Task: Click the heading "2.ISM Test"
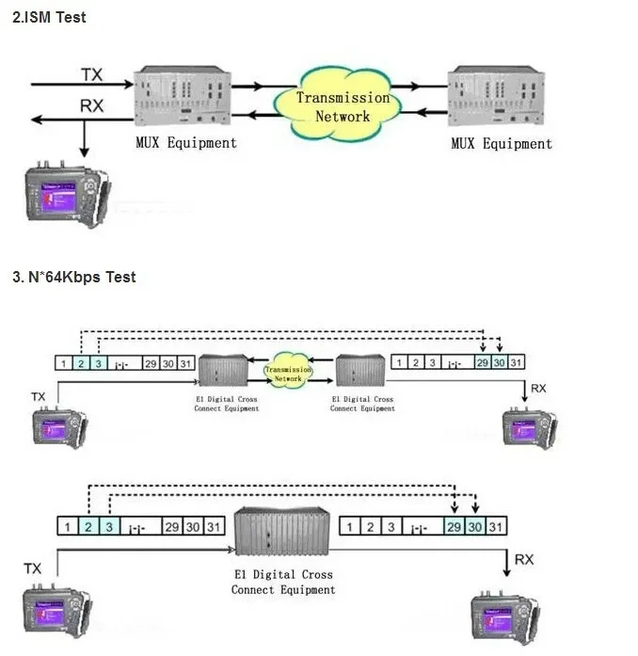[x=49, y=17]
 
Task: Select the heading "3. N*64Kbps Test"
[x=73, y=277]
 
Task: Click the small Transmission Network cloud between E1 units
[x=288, y=374]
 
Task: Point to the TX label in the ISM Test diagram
[x=92, y=73]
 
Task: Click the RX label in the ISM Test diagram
[x=92, y=106]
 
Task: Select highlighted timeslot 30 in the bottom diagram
[x=476, y=527]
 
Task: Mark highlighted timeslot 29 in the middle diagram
[x=482, y=362]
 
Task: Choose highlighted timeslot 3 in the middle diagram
[x=98, y=362]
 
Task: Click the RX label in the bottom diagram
[x=524, y=560]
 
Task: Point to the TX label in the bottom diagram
[x=33, y=568]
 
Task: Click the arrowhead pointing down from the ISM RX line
[x=85, y=151]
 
